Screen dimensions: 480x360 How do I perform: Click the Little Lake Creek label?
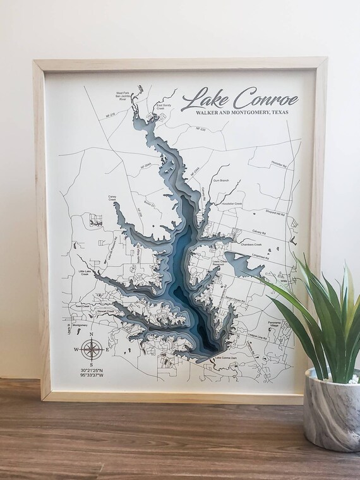click(87, 272)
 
